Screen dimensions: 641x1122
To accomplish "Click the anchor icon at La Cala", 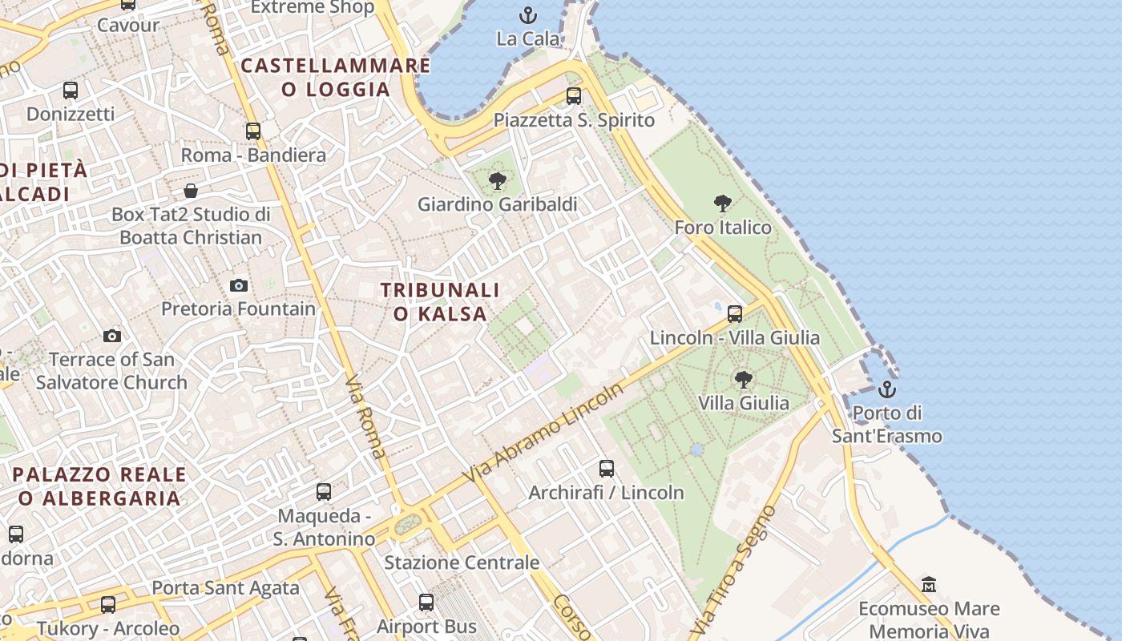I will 527,14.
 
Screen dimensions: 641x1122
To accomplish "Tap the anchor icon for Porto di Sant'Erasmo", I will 886,390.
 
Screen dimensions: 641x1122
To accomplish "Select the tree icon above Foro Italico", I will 723,204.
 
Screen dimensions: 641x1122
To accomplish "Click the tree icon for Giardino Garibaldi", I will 498,180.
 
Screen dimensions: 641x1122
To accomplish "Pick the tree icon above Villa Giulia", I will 744,379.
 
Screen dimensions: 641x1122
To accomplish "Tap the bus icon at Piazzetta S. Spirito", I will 574,96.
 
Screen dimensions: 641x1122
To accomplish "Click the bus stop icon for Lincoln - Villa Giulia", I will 735,314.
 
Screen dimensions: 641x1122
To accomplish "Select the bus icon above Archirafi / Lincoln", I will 607,469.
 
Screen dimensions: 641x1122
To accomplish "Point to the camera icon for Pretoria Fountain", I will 239,285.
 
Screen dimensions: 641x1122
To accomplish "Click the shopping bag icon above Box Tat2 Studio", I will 191,191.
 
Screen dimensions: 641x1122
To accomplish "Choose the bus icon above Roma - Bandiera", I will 253,131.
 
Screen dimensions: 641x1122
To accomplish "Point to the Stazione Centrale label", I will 462,562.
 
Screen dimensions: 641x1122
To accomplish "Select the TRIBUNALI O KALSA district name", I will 440,301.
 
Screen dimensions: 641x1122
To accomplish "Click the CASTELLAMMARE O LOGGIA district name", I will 336,77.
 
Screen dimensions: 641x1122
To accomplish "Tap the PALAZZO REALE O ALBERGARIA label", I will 99,486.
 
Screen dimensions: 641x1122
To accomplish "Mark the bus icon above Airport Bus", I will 426,603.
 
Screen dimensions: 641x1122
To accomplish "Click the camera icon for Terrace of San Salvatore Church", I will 112,336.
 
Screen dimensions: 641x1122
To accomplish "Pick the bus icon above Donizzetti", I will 71,91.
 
